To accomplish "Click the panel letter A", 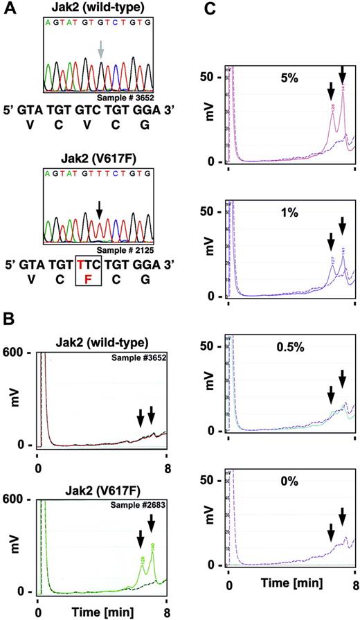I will pyautogui.click(x=10, y=10).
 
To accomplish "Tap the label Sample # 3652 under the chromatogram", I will pyautogui.click(x=129, y=96).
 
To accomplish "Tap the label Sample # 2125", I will pyautogui.click(x=129, y=247).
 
